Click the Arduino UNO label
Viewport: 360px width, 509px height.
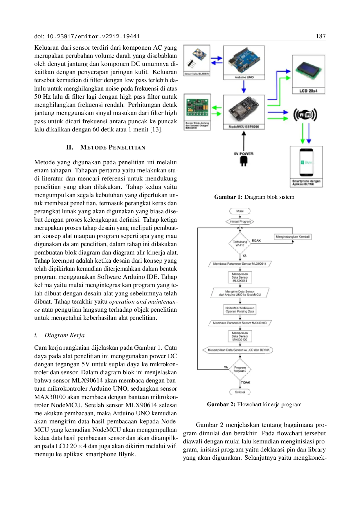click(244, 77)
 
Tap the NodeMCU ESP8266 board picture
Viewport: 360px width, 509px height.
click(244, 109)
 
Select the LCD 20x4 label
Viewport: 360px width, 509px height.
click(308, 91)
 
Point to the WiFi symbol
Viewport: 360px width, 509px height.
click(305, 115)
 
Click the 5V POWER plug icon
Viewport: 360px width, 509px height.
click(244, 161)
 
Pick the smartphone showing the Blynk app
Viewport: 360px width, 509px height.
click(306, 163)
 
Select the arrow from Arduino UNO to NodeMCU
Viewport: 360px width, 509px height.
click(244, 87)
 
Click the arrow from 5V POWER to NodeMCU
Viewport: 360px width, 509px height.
click(244, 141)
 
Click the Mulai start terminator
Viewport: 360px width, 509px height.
click(240, 211)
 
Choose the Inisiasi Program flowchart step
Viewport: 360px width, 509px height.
click(240, 221)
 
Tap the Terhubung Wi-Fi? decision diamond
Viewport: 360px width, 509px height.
click(240, 243)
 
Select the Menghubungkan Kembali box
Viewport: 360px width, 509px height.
click(293, 237)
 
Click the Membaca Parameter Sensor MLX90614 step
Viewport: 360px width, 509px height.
click(240, 264)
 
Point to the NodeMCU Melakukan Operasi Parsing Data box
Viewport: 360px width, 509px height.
click(240, 309)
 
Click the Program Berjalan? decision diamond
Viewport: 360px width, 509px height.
click(240, 369)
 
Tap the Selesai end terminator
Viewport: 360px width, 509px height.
click(240, 392)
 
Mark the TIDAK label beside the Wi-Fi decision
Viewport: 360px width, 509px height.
click(256, 240)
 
